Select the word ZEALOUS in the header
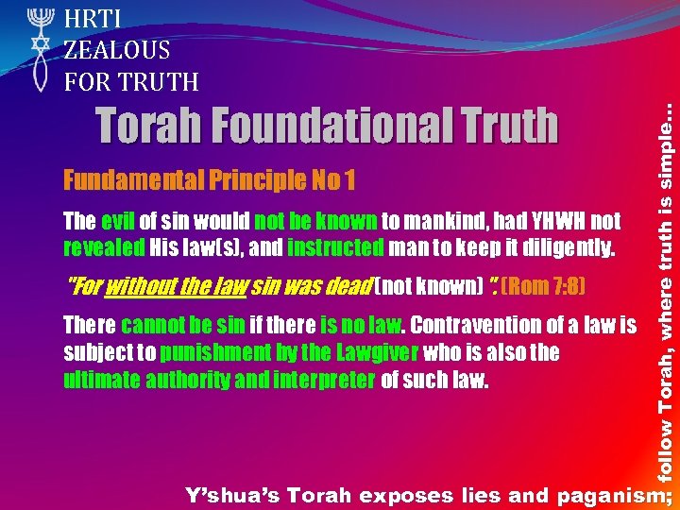point(117,50)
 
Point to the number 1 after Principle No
point(349,179)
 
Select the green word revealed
point(103,249)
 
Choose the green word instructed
point(335,249)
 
